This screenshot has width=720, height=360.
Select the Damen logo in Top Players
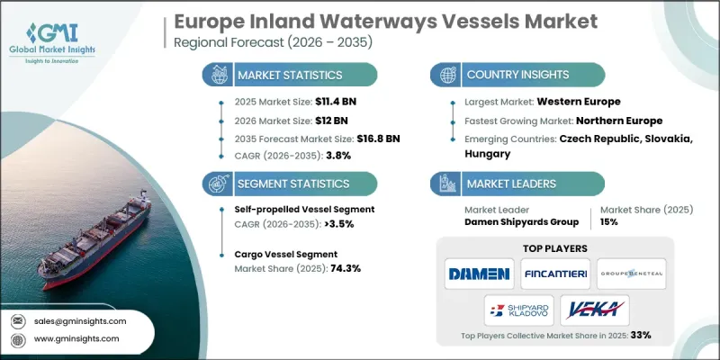coord(478,273)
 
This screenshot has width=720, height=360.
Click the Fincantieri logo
coord(554,273)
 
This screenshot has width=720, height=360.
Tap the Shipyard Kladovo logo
coord(517,310)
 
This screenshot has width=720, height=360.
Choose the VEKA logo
coord(593,310)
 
